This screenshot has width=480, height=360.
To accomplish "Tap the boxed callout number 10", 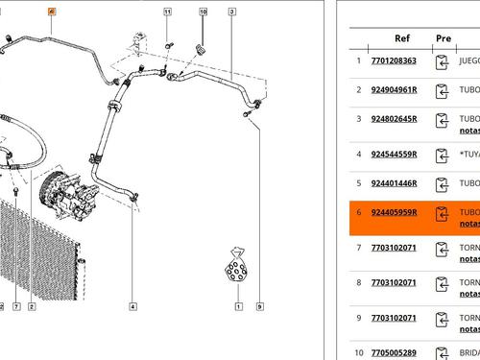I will pyautogui.click(x=203, y=12).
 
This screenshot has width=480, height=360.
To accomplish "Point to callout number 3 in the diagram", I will pyautogui.click(x=232, y=12).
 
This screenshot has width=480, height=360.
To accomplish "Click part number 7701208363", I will pyautogui.click(x=394, y=60).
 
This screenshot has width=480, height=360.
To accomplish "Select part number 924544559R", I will pyautogui.click(x=394, y=154).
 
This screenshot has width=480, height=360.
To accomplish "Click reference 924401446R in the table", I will pyautogui.click(x=394, y=184).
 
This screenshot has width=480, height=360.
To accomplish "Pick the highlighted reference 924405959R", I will pyautogui.click(x=394, y=212).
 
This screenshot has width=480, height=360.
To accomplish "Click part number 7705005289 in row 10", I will pyautogui.click(x=394, y=351).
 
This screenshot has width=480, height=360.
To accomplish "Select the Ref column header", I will pyautogui.click(x=403, y=38).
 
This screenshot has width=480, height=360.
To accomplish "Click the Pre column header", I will pyautogui.click(x=443, y=38).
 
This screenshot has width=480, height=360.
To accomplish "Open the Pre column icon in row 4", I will pyautogui.click(x=443, y=155).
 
